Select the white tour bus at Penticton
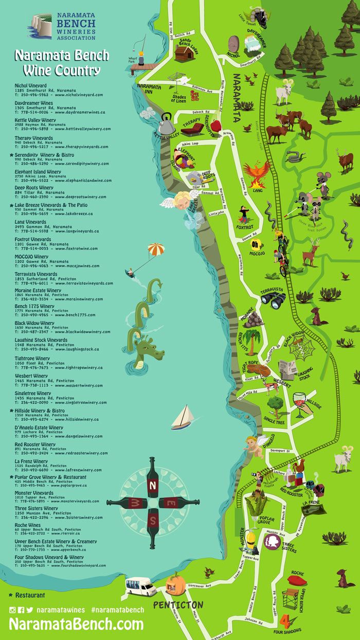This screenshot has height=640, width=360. point(141,586)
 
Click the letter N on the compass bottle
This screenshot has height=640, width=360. point(153,485)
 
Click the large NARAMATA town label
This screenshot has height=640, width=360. point(237,97)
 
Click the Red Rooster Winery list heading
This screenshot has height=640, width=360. point(35,444)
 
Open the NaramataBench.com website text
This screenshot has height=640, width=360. point(76,624)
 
